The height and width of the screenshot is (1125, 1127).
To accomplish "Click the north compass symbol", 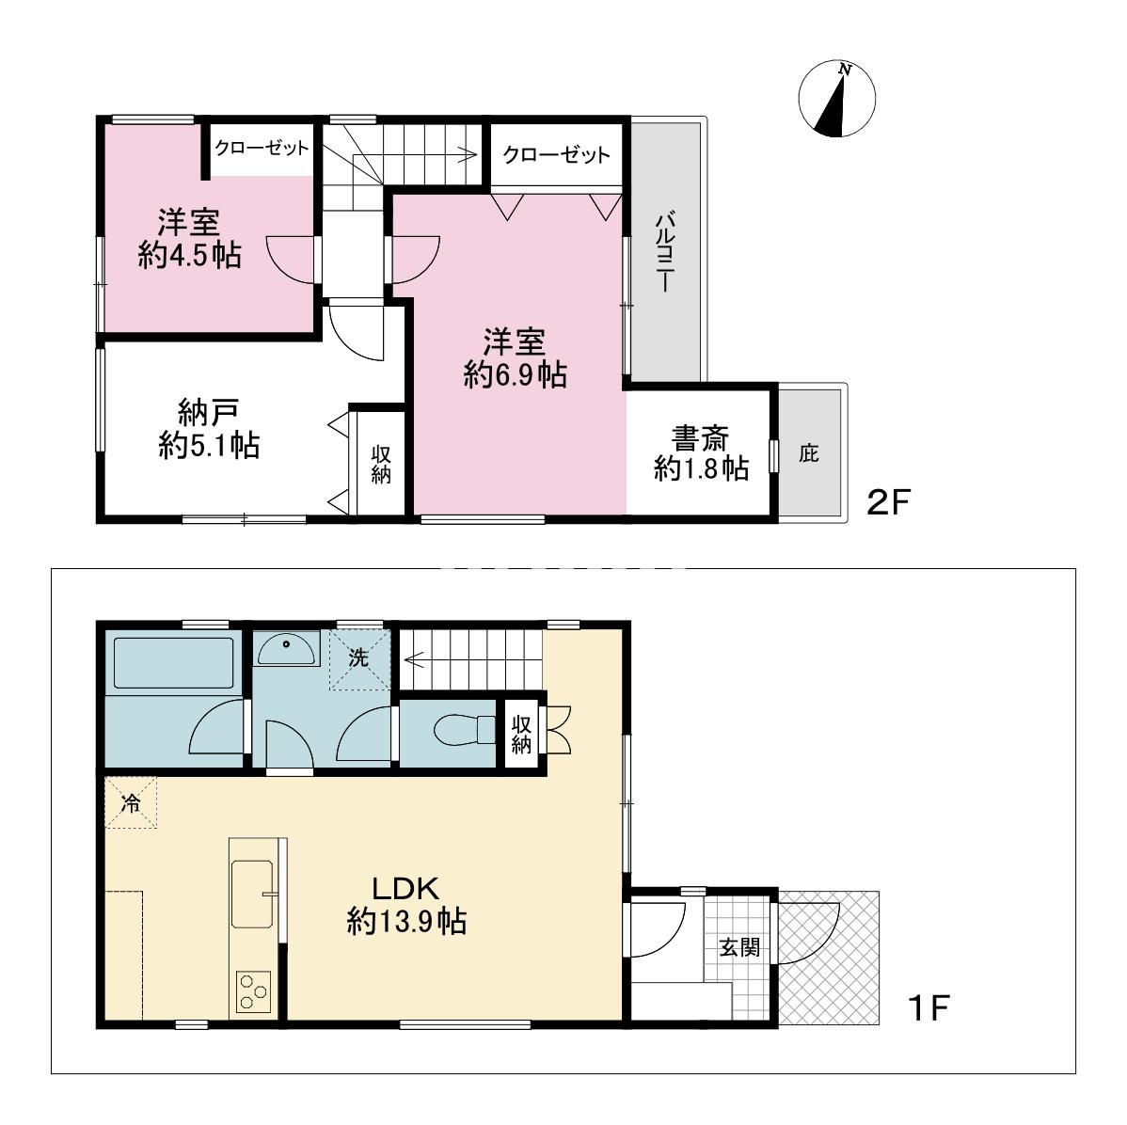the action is tap(836, 99).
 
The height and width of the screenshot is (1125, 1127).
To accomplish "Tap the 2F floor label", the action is tap(888, 502).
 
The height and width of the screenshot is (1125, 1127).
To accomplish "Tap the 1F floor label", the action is tap(929, 1007).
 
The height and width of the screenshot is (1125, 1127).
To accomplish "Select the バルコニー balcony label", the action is tap(665, 250).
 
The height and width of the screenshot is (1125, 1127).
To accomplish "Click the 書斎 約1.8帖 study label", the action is tap(702, 452).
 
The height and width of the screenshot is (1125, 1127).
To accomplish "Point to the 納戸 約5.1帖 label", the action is tap(209, 429).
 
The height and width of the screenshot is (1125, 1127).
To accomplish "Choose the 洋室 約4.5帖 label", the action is tap(190, 239).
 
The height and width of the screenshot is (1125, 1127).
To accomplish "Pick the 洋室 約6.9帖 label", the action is tap(516, 358).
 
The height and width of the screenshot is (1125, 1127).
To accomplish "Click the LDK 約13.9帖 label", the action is tap(406, 904).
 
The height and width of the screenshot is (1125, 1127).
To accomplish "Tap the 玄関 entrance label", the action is tap(739, 946).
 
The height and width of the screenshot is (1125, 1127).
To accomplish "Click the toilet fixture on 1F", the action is tap(465, 730).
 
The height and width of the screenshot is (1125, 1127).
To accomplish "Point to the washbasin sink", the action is tap(286, 649).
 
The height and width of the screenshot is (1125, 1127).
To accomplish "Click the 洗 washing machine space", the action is tap(359, 659).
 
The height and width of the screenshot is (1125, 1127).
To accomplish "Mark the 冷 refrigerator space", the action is tap(131, 802).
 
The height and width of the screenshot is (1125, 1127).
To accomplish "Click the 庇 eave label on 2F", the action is tap(809, 453).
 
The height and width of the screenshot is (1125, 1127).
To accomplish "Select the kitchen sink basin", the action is tap(252, 895).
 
